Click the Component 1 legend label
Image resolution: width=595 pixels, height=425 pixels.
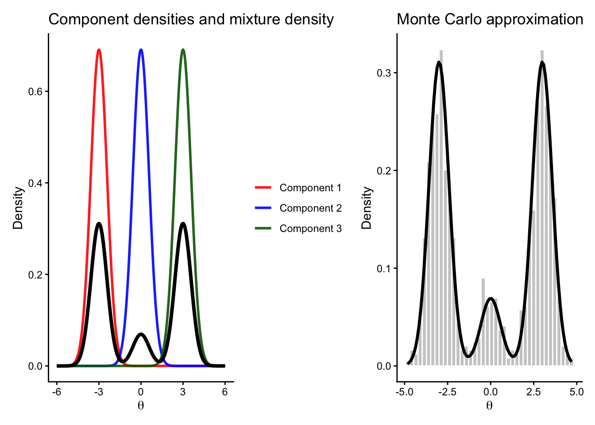[x=310, y=188]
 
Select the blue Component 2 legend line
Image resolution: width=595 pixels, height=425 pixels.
[x=263, y=208]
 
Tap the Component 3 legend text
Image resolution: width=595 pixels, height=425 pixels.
[x=310, y=228]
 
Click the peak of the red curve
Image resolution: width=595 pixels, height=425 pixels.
[x=99, y=50]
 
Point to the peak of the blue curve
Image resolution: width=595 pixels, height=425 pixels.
[x=141, y=50]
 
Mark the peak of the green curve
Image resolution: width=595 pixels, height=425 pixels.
[x=183, y=50]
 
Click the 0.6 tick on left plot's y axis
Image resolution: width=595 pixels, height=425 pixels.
[x=35, y=92]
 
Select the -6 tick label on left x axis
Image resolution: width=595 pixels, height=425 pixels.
[x=57, y=392]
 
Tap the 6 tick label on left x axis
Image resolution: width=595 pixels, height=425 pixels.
[x=225, y=392]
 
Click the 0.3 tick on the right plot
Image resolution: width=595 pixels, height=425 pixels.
[x=384, y=73]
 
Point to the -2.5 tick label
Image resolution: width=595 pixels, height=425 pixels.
[x=447, y=392]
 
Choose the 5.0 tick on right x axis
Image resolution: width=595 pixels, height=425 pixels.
[x=576, y=392]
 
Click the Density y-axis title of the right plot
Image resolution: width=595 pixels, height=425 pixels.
[x=367, y=208]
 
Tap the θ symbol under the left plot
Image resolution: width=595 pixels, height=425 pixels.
[x=141, y=406]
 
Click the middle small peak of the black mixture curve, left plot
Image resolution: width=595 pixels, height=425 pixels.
[x=141, y=334]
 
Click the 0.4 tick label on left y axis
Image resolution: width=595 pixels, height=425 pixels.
[x=35, y=183]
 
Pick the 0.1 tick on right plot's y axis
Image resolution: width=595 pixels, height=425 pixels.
[x=384, y=269]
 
